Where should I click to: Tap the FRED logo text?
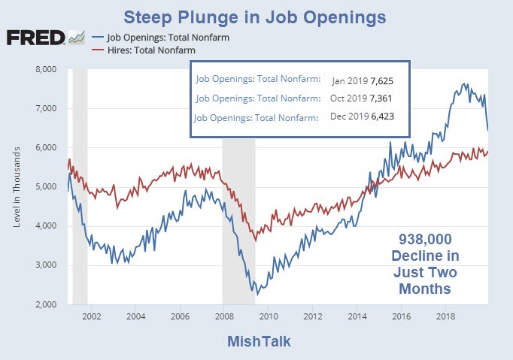click(35, 38)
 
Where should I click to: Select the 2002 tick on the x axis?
click(92, 316)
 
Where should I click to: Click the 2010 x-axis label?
click(269, 316)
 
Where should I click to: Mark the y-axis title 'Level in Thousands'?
click(16, 187)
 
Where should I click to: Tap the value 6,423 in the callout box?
click(381, 117)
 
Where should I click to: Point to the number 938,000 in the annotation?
click(427, 241)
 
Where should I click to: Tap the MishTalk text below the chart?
click(258, 342)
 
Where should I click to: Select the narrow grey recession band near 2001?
click(80, 187)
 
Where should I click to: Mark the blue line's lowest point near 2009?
click(254, 293)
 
